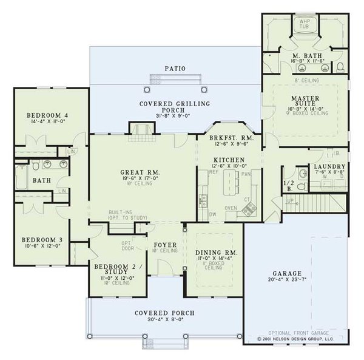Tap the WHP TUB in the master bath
pyautogui.click(x=302, y=25)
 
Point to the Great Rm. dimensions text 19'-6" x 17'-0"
pyautogui.click(x=140, y=180)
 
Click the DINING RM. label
pyautogui.click(x=217, y=252)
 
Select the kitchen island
pyautogui.click(x=232, y=185)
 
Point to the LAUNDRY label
pyautogui.click(x=329, y=166)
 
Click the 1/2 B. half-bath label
pyautogui.click(x=289, y=185)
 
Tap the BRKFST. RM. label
pyautogui.click(x=231, y=138)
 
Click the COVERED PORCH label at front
pyautogui.click(x=164, y=313)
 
